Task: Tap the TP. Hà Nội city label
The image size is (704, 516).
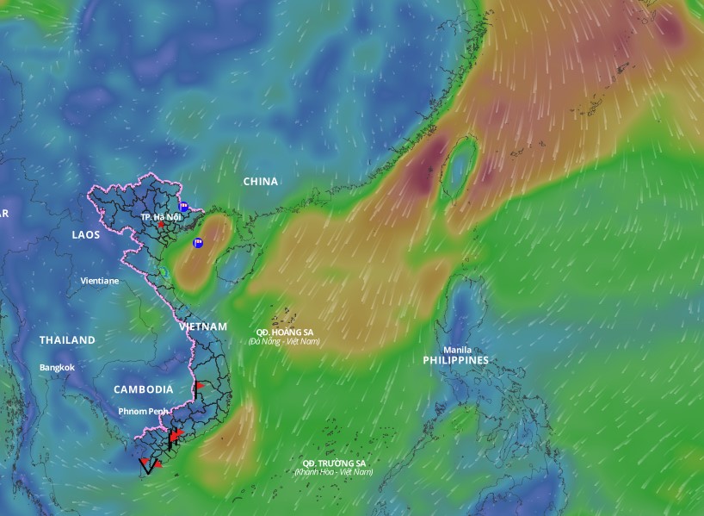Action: point(161,216)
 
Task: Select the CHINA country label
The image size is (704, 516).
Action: point(261,182)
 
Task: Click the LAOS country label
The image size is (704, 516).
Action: point(86,234)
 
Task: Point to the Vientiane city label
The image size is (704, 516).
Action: point(100,281)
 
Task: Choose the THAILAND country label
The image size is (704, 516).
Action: point(67,340)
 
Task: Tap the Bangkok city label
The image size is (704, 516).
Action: point(58,368)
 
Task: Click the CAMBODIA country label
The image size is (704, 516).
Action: point(143,389)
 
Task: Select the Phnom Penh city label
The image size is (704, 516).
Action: point(143,411)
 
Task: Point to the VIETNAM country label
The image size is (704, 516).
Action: point(203,327)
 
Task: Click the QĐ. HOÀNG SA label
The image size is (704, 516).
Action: point(285,332)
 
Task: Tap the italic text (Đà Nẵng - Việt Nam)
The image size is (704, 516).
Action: point(284,342)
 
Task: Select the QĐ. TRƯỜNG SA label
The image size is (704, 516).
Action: point(334,463)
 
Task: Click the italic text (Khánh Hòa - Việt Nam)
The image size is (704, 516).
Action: point(334,472)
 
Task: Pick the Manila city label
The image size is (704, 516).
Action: point(457,350)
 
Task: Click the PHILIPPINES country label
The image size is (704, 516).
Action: point(456,360)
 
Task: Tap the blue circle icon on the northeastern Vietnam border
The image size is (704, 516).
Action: point(183,207)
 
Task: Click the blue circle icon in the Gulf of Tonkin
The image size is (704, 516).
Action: point(198,243)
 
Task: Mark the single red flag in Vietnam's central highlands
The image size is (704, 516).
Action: point(199,385)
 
